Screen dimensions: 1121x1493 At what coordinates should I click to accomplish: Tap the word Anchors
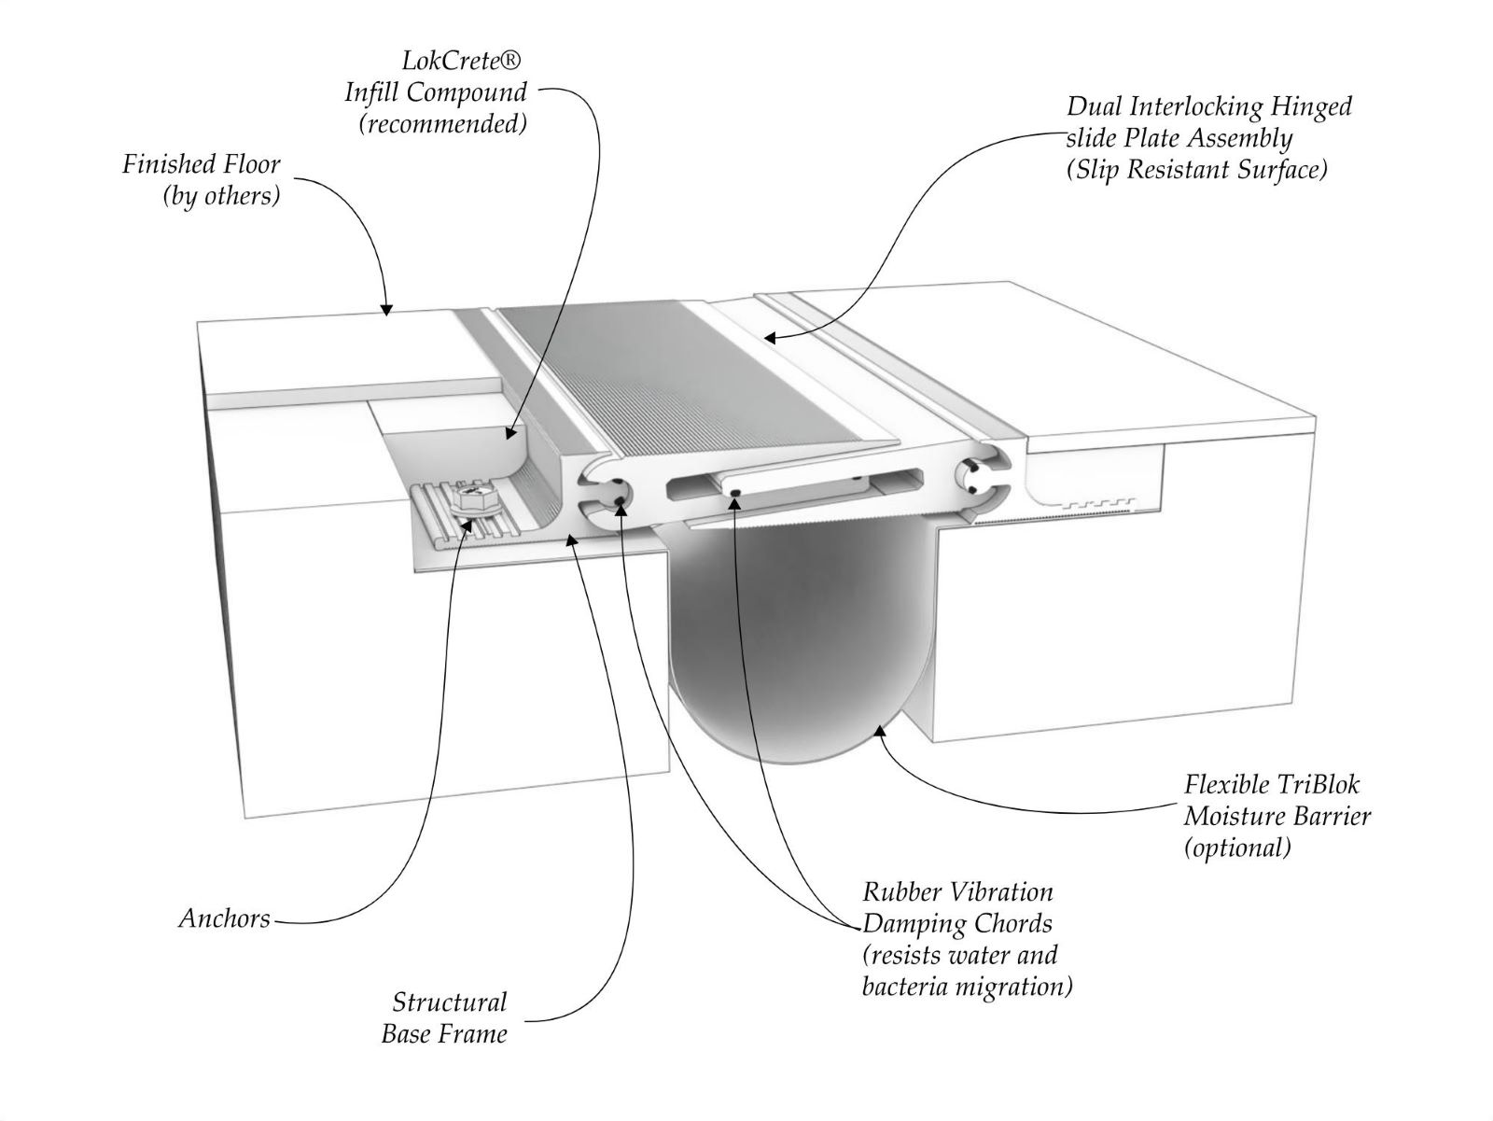pyautogui.click(x=224, y=918)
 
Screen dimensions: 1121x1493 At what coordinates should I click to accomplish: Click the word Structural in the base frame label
pyautogui.click(x=449, y=1002)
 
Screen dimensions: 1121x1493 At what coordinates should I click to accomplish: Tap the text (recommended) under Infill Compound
pyautogui.click(x=443, y=124)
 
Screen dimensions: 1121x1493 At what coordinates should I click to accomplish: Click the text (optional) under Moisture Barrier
pyautogui.click(x=1237, y=848)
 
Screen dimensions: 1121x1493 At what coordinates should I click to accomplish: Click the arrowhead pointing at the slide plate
pyautogui.click(x=769, y=338)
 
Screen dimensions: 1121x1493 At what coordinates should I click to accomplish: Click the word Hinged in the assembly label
pyautogui.click(x=1309, y=106)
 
